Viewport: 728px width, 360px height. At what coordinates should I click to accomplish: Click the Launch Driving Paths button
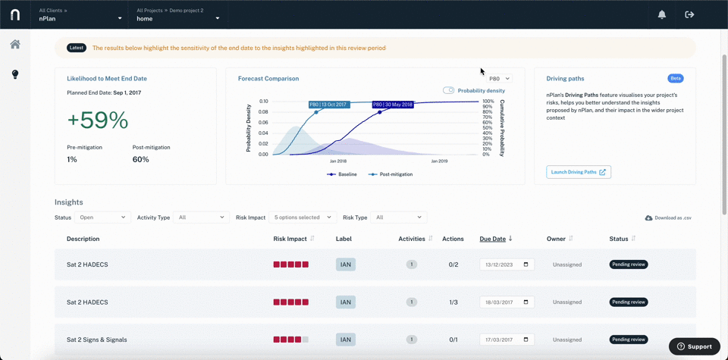579,172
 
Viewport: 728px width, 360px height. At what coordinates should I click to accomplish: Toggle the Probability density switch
448,90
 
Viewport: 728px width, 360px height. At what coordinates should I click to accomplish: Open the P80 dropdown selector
500,79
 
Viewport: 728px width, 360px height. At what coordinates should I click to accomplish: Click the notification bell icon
662,14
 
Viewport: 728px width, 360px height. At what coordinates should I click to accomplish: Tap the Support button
695,346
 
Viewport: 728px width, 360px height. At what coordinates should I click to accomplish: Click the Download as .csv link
669,218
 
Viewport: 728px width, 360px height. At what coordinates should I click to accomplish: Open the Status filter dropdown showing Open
102,217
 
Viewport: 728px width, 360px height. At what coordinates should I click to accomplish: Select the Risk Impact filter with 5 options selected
303,217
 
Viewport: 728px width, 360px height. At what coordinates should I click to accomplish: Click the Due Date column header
493,239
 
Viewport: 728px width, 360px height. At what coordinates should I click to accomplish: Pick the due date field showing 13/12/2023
507,265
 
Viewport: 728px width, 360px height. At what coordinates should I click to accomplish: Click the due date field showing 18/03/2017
507,302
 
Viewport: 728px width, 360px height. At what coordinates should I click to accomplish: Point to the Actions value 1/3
453,302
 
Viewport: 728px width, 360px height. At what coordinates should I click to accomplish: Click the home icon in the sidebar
15,44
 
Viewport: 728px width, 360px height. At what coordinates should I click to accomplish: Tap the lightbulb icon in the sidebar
15,74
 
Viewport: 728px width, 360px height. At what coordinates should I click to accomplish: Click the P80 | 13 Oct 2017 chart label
330,105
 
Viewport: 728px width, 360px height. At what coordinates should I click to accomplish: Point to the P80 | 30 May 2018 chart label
393,105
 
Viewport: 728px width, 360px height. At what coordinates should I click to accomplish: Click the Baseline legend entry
342,174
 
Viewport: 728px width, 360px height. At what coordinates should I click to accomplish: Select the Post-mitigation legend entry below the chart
391,174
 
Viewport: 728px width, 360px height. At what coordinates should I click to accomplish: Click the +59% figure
98,121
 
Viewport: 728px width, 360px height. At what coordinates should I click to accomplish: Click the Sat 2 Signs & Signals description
96,340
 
